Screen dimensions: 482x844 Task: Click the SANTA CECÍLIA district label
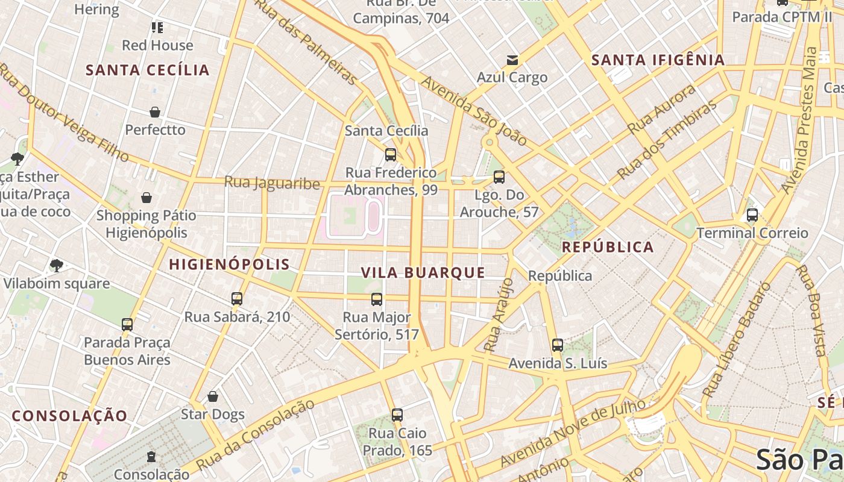click(x=148, y=70)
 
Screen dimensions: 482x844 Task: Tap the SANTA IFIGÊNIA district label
click(x=658, y=60)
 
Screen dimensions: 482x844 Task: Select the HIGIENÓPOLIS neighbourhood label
click(x=229, y=264)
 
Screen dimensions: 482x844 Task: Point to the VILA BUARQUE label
click(x=423, y=272)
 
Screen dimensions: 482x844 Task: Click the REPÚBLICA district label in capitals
click(x=608, y=247)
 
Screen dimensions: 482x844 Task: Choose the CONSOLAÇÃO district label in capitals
click(x=69, y=416)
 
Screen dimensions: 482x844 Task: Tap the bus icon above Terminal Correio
click(x=752, y=215)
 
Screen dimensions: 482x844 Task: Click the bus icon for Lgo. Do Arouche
click(x=499, y=177)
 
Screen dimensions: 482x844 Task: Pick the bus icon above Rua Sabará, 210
click(x=237, y=299)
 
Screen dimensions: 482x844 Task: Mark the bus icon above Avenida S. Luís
click(x=558, y=345)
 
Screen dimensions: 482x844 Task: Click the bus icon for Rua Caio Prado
click(x=397, y=415)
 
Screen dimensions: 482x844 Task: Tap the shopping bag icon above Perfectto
click(x=155, y=112)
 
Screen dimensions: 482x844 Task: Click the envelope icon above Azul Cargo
click(x=512, y=60)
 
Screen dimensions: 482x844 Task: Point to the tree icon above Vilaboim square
click(x=56, y=266)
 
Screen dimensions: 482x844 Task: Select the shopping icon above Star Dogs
click(x=212, y=396)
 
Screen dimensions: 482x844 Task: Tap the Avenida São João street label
click(x=474, y=111)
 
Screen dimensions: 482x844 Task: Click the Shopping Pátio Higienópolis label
click(x=146, y=224)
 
